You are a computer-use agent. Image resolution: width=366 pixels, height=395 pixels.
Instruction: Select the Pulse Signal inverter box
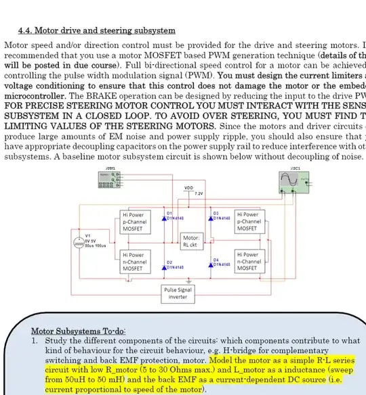click(178, 293)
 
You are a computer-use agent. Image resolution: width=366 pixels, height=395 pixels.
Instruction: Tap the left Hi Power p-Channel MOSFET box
click(136, 221)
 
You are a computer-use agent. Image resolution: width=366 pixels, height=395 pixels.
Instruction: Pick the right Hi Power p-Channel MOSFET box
click(248, 221)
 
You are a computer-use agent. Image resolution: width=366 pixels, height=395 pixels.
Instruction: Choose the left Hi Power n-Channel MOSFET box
click(136, 261)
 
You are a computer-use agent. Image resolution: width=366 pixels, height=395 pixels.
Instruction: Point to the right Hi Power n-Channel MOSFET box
click(248, 261)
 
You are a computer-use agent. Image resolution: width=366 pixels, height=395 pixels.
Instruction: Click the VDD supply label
click(189, 187)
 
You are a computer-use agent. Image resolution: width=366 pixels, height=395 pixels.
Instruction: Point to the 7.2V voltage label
click(199, 193)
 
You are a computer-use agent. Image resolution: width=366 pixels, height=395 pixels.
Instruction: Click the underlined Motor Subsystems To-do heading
click(78, 331)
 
